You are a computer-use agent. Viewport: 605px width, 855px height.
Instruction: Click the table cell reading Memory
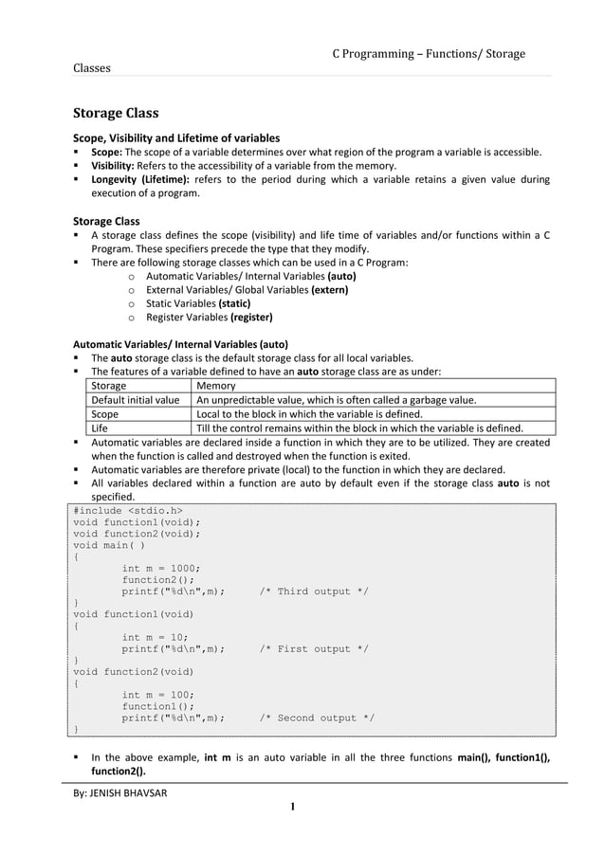click(214, 386)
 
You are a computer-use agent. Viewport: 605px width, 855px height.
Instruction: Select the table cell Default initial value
click(135, 400)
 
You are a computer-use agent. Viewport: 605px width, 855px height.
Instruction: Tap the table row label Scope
click(104, 413)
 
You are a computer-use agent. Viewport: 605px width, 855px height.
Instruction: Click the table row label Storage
click(108, 386)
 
